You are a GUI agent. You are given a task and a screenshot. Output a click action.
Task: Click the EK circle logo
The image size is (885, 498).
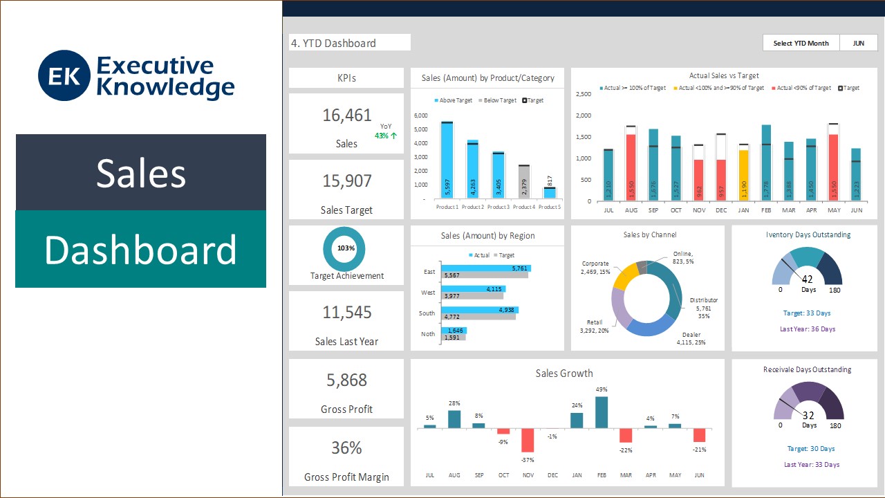64,75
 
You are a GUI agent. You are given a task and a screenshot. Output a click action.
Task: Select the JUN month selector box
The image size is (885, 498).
858,43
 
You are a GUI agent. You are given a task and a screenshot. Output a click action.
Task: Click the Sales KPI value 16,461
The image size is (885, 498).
346,116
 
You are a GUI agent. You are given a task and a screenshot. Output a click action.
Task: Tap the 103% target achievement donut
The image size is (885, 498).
346,248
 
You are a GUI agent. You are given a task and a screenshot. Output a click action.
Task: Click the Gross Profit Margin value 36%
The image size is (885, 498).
346,448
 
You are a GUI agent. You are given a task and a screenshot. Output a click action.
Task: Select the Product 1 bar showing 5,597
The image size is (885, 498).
447,160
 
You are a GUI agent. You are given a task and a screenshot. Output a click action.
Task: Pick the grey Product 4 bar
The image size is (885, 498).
524,182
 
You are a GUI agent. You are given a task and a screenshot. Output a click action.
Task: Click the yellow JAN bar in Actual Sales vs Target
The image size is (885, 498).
744,176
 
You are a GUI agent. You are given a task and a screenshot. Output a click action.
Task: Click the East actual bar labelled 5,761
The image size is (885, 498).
487,268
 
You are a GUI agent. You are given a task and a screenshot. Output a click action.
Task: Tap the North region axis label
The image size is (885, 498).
429,334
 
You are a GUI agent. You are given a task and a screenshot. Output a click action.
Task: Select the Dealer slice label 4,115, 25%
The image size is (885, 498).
691,338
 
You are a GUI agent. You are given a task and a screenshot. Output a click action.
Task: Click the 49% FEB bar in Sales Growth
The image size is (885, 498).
602,412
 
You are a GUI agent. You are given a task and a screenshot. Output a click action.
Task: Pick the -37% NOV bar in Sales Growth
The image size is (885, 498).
528,440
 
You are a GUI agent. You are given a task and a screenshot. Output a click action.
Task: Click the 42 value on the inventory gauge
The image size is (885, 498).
808,279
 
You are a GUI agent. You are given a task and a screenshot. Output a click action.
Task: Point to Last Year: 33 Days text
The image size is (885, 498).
812,465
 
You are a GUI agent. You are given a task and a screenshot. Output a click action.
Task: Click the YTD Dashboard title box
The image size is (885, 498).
349,43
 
